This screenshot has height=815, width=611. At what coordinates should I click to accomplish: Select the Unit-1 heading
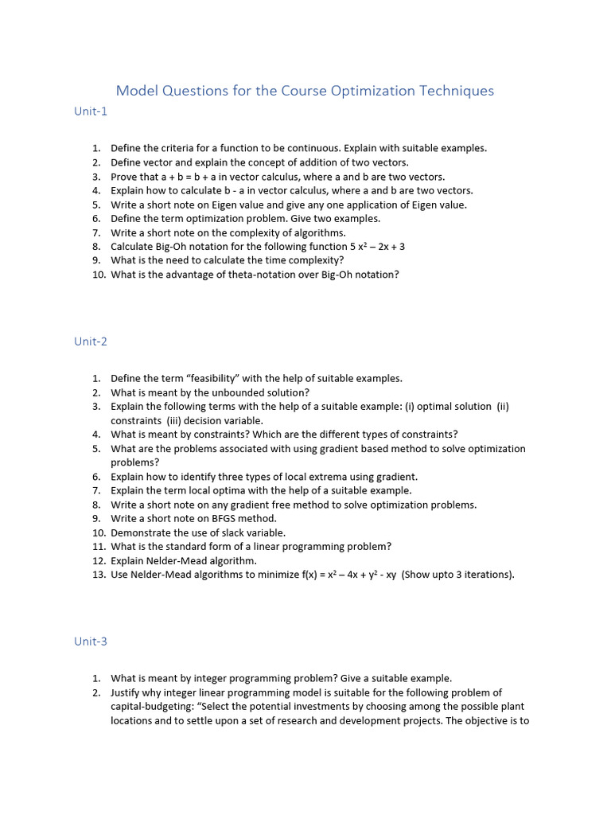click(x=91, y=111)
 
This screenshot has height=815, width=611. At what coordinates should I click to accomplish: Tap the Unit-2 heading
click(x=91, y=341)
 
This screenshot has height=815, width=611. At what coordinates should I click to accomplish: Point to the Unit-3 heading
click(x=91, y=641)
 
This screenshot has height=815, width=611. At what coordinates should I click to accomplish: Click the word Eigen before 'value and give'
click(x=224, y=205)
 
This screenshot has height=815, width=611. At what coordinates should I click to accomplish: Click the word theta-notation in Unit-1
click(x=247, y=275)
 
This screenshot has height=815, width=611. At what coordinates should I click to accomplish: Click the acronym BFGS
click(x=214, y=519)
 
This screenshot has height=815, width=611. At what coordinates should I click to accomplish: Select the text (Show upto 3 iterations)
click(x=457, y=575)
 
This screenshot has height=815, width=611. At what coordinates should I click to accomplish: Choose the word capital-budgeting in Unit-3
click(x=150, y=707)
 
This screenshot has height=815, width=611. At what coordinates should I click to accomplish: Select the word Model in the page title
click(x=137, y=91)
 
